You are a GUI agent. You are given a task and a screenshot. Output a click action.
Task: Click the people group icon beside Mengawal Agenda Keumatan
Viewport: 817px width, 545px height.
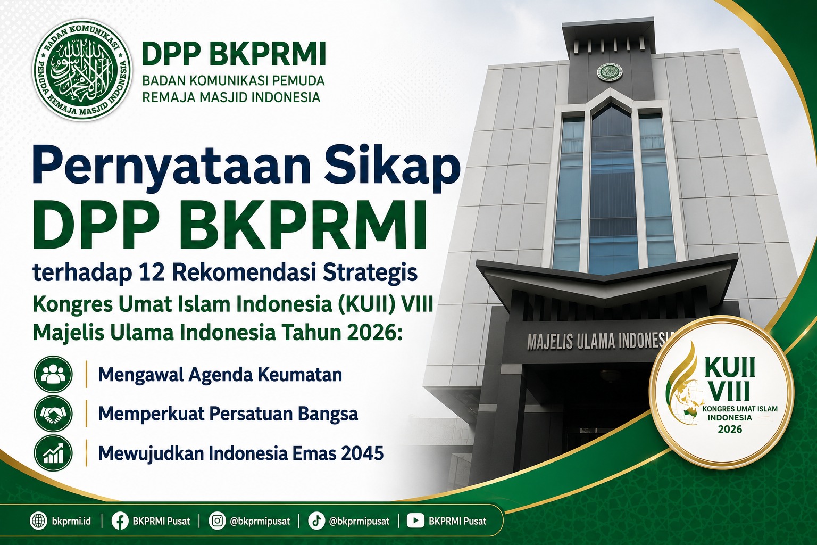tap(53, 374)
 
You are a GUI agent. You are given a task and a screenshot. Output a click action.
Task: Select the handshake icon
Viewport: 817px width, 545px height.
tap(53, 414)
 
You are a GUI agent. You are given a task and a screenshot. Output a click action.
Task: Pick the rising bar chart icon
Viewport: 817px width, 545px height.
tap(53, 453)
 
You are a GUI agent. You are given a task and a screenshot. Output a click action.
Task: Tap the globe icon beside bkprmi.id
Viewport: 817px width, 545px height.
tap(39, 521)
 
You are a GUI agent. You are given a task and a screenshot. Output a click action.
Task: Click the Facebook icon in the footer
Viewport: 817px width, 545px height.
tap(120, 521)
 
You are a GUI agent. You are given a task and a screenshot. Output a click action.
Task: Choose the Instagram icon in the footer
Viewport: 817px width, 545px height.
tap(218, 521)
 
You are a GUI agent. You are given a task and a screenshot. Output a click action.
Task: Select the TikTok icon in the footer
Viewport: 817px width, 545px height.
tap(316, 521)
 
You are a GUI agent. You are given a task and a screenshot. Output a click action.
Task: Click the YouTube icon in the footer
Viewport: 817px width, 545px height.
tap(415, 521)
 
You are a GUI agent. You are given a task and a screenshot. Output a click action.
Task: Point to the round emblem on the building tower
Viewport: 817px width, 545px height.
tap(610, 72)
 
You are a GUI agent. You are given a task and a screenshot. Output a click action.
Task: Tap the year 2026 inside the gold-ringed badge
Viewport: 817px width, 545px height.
tap(730, 428)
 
